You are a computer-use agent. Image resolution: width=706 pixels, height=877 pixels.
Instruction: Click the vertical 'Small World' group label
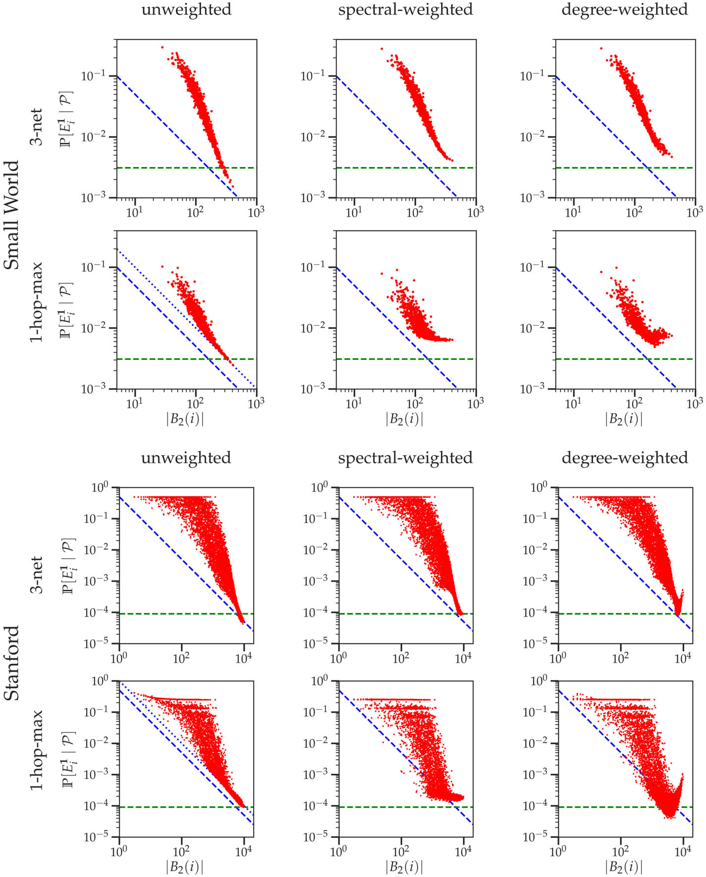click(12, 215)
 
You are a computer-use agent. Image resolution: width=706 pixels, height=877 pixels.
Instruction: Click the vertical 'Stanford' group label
click(12, 663)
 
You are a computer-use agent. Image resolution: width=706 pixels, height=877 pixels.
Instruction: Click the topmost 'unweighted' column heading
click(186, 10)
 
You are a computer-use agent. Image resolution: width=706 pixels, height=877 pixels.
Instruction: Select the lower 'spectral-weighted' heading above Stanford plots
click(405, 458)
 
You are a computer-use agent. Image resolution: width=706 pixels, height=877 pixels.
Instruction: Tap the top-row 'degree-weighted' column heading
click(625, 10)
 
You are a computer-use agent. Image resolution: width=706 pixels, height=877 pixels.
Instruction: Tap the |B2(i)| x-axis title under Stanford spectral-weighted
click(404, 867)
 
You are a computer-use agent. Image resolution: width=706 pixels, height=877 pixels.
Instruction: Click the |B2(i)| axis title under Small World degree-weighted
click(624, 419)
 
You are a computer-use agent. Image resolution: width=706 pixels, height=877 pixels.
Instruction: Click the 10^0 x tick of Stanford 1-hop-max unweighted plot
click(119, 852)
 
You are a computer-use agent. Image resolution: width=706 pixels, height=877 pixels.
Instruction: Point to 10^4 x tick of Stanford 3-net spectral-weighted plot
click(463, 658)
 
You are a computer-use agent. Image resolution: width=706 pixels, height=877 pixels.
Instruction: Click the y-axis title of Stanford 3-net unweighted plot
click(67, 566)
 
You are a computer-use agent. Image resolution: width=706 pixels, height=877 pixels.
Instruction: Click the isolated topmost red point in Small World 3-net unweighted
click(162, 47)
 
